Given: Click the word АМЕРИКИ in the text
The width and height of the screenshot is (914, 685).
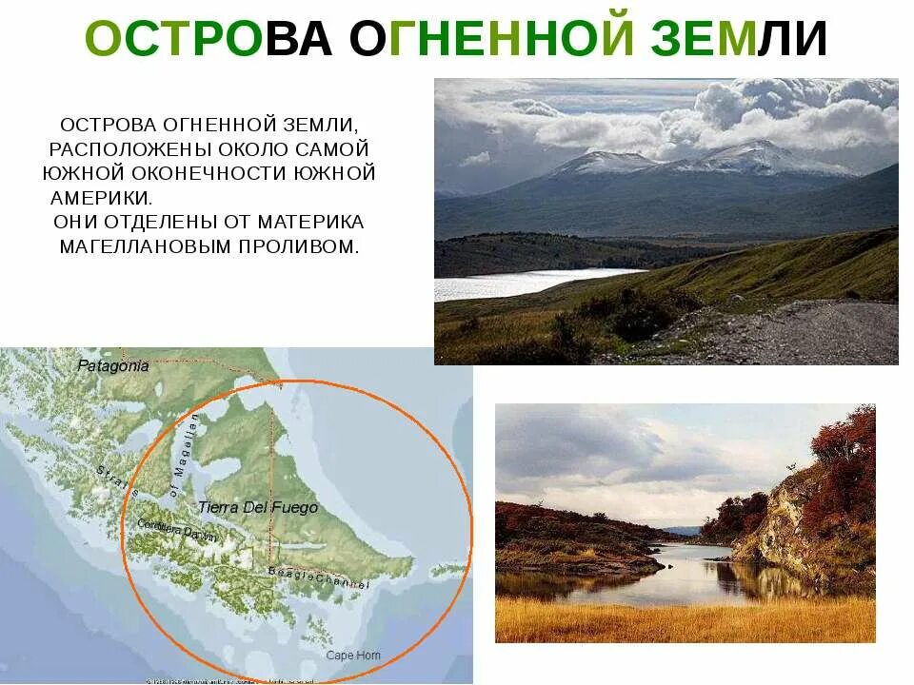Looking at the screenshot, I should pos(100,198).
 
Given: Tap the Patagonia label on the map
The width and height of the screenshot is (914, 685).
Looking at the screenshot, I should pos(113,365).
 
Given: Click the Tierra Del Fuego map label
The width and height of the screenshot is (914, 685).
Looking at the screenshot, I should pos(258,508).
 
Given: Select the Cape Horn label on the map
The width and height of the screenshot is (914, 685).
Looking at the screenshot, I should pos(352,656).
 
